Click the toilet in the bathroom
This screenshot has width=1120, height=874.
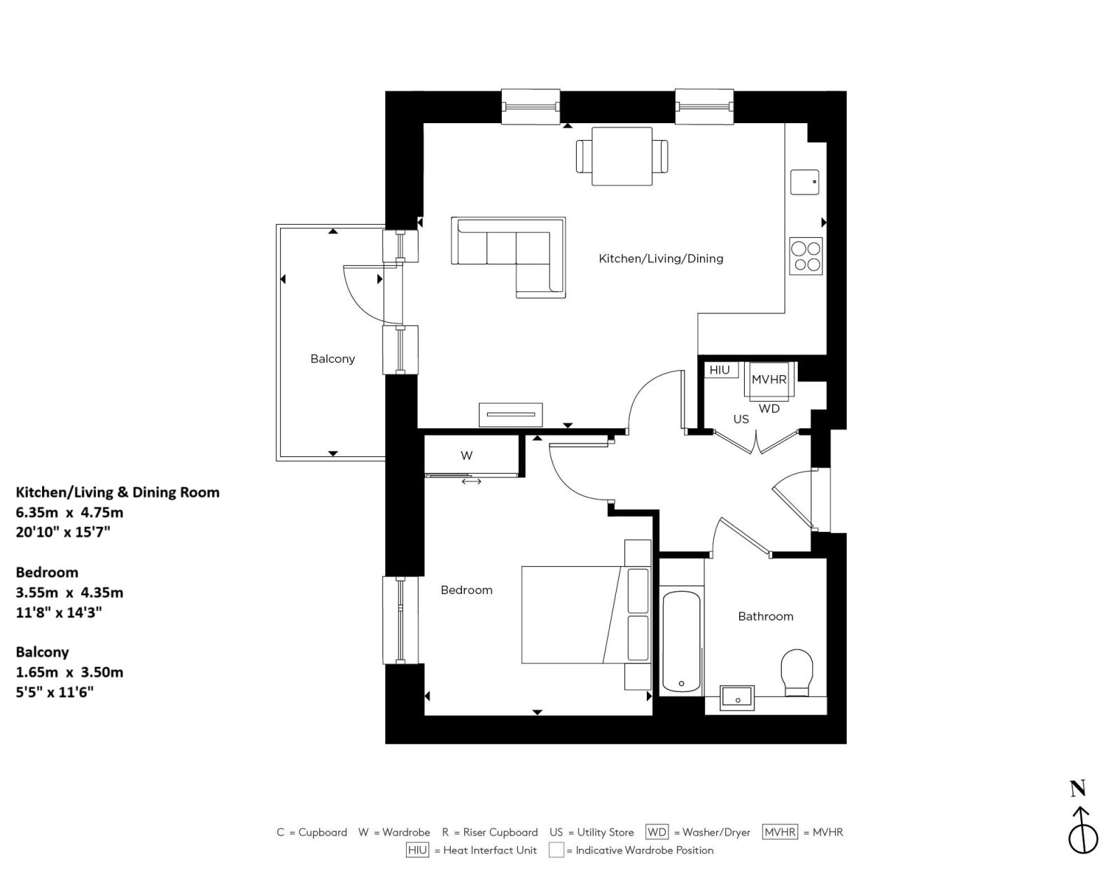pos(797,672)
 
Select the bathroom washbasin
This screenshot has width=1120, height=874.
pos(738,698)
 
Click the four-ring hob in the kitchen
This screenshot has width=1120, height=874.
pos(806,256)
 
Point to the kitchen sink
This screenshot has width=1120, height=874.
pos(804,182)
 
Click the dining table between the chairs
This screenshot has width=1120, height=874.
pos(622,156)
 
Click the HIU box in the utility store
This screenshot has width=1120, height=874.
pos(720,370)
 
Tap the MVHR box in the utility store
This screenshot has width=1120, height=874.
pos(769,379)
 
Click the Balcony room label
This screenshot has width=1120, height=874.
pos(332,359)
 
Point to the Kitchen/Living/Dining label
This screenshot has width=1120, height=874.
pos(661,259)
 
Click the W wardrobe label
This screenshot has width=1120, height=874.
pos(467,456)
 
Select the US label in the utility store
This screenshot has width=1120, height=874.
pos(741,419)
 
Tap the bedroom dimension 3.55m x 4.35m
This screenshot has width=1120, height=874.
pos(69,593)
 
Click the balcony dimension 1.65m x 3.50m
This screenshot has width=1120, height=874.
pos(69,672)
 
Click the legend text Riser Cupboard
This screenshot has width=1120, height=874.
pos(500,832)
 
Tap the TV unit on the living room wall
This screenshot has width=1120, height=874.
pos(510,415)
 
